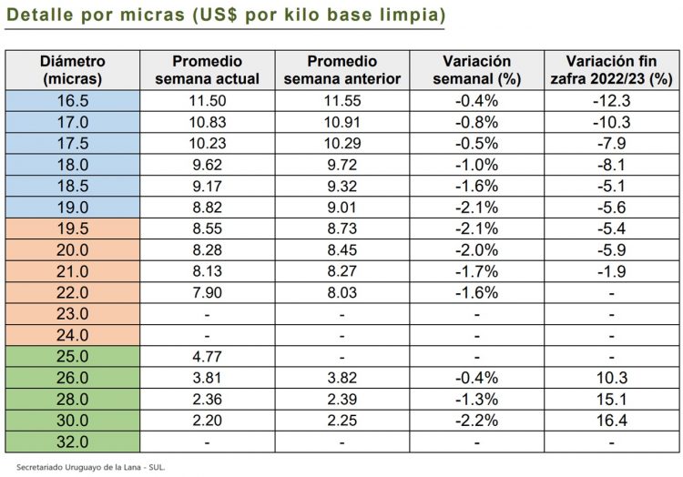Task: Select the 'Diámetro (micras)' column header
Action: [73, 70]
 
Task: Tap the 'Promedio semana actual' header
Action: [208, 70]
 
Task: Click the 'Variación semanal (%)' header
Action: [476, 70]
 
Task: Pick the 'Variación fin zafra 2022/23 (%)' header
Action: [612, 70]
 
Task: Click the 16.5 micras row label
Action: [73, 101]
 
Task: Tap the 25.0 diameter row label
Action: [73, 357]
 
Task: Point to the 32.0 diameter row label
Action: [73, 442]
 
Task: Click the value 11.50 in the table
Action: [208, 101]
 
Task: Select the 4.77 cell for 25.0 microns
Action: [208, 357]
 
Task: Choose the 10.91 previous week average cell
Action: [342, 122]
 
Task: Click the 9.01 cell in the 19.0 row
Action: [342, 208]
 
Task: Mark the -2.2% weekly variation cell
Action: [476, 421]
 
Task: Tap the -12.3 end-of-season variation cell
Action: [612, 101]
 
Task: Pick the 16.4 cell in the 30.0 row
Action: [612, 421]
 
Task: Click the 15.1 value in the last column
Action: [612, 400]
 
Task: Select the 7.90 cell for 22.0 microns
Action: [208, 293]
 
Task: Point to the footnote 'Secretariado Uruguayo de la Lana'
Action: [91, 466]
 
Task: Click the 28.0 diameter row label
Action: [73, 400]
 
